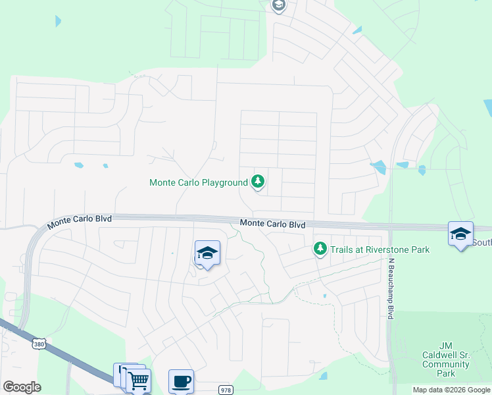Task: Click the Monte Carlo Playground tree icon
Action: (258, 182)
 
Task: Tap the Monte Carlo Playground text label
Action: (198, 182)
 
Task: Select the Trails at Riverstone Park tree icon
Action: (320, 249)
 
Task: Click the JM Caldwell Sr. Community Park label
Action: (445, 359)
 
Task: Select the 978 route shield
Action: (226, 389)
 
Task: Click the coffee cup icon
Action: (181, 381)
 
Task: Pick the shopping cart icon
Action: (138, 381)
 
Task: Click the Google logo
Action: (22, 387)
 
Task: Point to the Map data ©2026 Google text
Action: (451, 390)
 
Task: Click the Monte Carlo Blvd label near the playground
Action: (272, 224)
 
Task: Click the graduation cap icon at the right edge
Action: (460, 233)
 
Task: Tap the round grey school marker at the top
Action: (278, 6)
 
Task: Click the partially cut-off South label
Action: (482, 242)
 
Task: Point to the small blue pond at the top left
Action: (59, 20)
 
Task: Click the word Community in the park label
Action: (445, 364)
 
